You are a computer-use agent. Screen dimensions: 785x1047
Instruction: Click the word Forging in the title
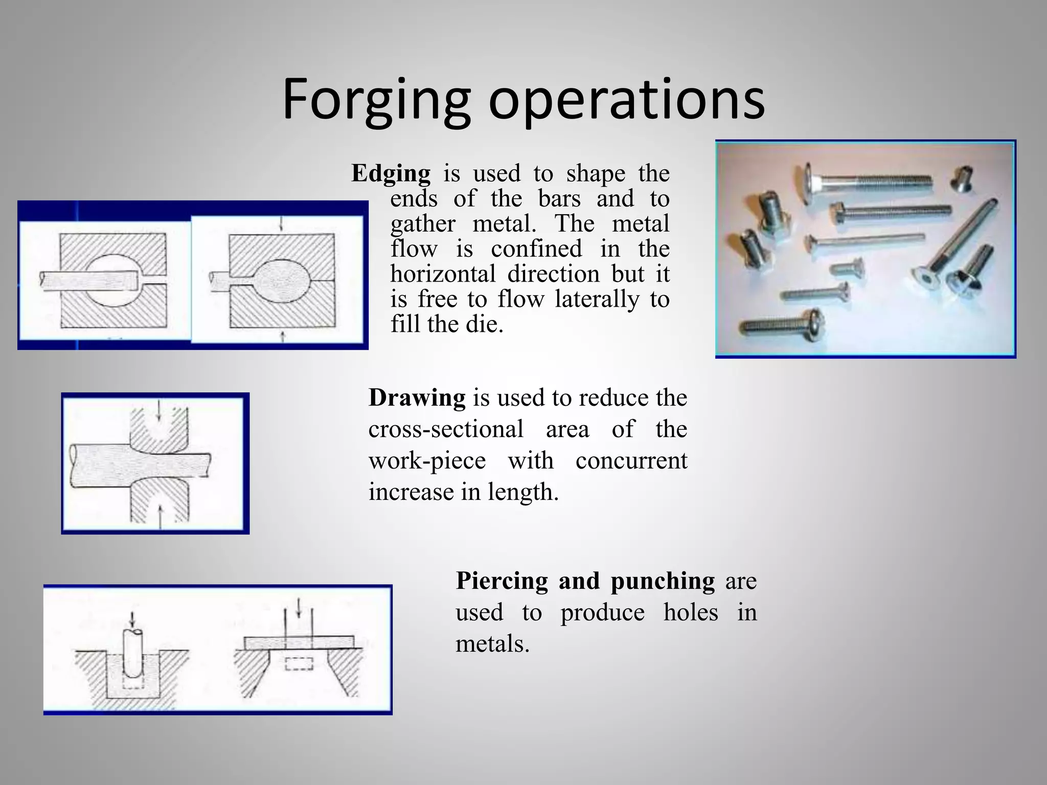point(376,100)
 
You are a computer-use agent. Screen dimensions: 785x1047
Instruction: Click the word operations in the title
point(626,100)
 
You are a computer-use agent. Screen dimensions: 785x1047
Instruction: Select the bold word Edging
point(391,174)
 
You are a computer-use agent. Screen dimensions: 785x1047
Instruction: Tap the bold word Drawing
point(417,398)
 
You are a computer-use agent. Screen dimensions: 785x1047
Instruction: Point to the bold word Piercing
point(502,581)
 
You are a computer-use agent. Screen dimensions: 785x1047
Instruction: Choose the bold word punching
point(663,582)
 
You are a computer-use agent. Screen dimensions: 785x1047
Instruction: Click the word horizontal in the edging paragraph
point(443,274)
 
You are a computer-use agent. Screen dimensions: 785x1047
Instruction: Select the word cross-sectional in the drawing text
point(446,429)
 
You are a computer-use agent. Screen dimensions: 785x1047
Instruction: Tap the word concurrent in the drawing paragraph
point(631,460)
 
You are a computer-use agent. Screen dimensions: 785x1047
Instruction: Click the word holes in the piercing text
point(691,612)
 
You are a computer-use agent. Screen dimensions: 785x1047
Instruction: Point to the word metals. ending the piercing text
point(492,643)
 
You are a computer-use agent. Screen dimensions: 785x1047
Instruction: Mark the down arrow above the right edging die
point(281,225)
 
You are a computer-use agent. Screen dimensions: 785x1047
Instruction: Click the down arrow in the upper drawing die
point(159,411)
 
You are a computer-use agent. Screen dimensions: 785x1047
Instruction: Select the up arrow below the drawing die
point(161,516)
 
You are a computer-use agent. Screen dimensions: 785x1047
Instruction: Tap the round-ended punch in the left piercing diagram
point(133,655)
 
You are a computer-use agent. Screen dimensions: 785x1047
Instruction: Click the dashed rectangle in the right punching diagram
point(299,663)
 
